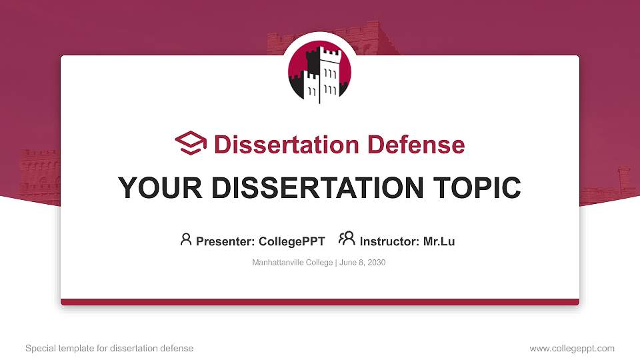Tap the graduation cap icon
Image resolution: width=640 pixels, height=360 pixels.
(x=191, y=143)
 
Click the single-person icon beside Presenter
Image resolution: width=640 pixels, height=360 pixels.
(x=186, y=239)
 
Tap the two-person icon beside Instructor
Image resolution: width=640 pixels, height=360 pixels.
(x=347, y=239)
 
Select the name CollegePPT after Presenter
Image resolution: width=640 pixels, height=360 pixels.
(x=291, y=241)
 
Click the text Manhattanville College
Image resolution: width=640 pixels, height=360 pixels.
(x=292, y=263)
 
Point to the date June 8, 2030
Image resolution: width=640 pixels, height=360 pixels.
(x=363, y=263)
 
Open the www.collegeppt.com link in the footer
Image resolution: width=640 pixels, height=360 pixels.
(x=572, y=348)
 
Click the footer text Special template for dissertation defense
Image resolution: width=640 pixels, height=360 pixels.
(x=109, y=348)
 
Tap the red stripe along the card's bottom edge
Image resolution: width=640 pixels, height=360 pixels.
(x=320, y=302)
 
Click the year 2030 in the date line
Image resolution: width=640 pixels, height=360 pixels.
(x=376, y=263)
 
